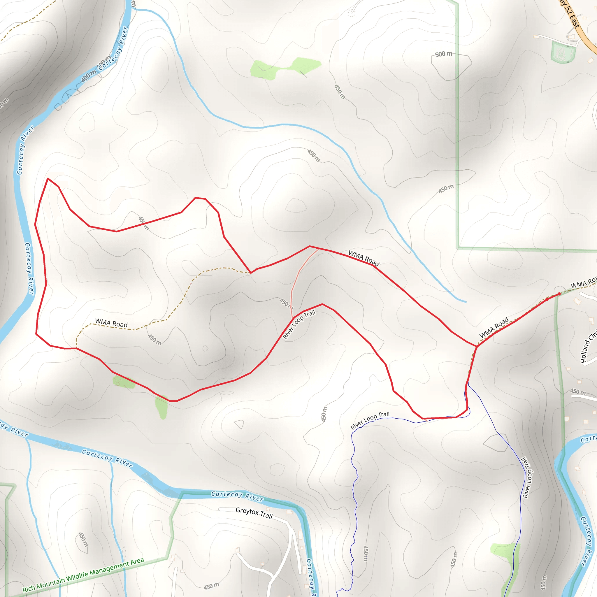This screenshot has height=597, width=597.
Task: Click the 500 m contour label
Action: (x=443, y=54)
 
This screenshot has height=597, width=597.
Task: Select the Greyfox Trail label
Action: (x=254, y=513)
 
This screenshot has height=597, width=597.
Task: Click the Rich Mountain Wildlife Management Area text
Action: (x=83, y=575)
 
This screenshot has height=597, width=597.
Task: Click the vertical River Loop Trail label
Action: (x=527, y=477)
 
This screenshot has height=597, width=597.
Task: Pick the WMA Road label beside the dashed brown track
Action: (x=111, y=323)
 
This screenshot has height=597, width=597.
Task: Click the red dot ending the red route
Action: (x=559, y=294)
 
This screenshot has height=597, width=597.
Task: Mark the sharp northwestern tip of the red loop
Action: (x=48, y=179)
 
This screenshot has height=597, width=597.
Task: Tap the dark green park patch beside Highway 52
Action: (x=563, y=52)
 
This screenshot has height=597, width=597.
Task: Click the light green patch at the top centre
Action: (x=284, y=68)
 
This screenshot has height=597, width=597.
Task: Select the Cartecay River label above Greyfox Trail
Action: (x=237, y=496)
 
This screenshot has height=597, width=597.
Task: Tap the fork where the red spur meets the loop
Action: (x=477, y=346)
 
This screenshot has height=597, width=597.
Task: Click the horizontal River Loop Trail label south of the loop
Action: (x=370, y=421)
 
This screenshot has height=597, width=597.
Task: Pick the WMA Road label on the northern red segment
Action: (x=364, y=258)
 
